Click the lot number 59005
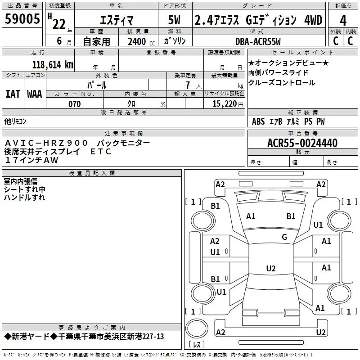coord(22,18)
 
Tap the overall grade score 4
coord(343,20)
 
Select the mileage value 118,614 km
coord(53,65)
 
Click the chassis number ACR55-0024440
coord(302,143)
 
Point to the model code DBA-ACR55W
coord(258,41)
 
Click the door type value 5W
coord(174,20)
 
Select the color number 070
coord(75,104)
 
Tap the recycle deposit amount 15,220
coord(225,104)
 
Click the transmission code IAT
coord(13,94)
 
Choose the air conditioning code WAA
coord(35,94)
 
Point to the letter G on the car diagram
coord(284,237)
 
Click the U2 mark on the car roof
coord(271,268)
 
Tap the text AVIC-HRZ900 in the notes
coord(46,143)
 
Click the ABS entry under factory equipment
coord(258,121)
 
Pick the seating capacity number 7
coord(188,85)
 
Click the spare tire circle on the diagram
coord(197,328)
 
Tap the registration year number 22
coord(59,24)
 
